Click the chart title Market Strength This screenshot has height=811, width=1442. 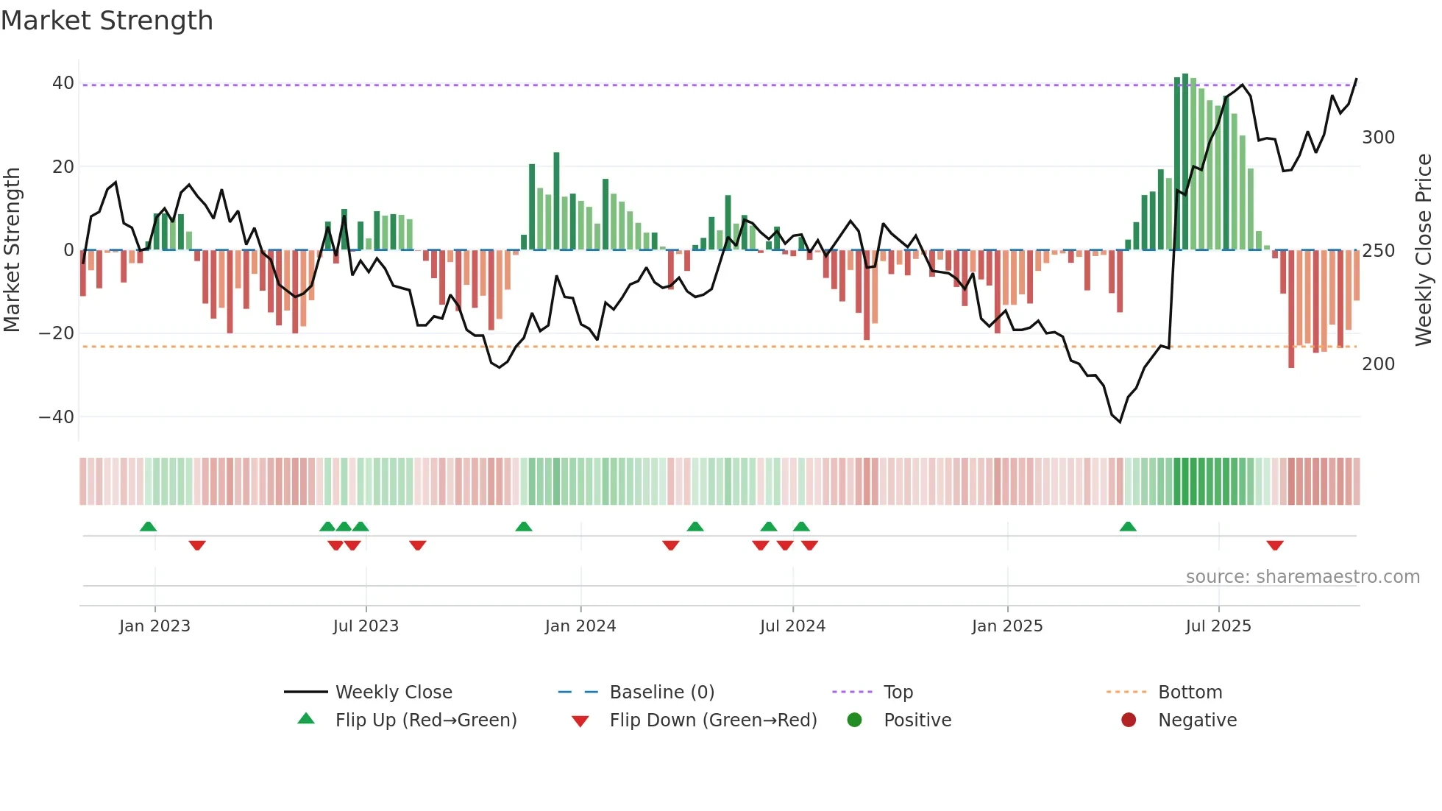[107, 21]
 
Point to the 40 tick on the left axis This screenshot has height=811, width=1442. [63, 83]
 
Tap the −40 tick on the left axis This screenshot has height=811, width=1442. [57, 417]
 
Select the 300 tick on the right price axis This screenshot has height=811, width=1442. [1378, 138]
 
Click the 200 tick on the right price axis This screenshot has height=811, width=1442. [1378, 364]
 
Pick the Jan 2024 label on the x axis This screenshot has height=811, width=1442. [580, 626]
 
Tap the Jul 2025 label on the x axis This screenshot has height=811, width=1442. [1218, 626]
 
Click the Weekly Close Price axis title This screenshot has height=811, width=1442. [1424, 250]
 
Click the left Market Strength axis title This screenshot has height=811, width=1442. [12, 250]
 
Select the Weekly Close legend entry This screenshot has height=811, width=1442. [394, 693]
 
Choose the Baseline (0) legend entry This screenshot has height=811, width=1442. [661, 693]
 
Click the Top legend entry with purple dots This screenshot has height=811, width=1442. [898, 693]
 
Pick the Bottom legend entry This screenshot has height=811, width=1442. [1190, 693]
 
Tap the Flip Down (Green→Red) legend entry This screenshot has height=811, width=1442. [712, 720]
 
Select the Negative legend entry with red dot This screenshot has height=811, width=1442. [1196, 720]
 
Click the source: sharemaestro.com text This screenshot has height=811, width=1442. [1302, 577]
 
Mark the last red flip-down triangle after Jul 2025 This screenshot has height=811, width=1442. [1275, 545]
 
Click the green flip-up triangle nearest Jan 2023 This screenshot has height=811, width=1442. [148, 526]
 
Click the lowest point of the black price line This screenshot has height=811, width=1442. [1120, 422]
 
